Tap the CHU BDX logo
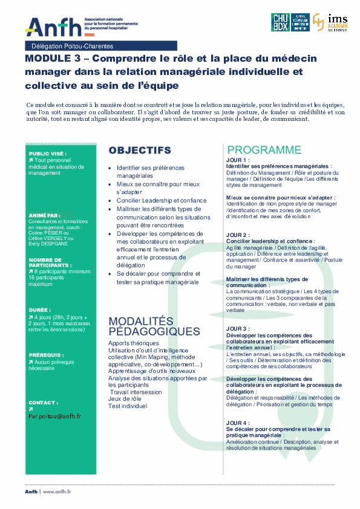(281, 22)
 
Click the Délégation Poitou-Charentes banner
(73, 46)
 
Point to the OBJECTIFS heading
(139, 150)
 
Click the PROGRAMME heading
(264, 150)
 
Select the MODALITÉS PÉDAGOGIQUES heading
(154, 326)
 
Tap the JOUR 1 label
(237, 160)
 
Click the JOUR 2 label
(237, 235)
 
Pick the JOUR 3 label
(237, 328)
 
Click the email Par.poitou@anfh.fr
(54, 416)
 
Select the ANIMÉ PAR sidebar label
(44, 215)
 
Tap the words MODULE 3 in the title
(51, 59)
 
